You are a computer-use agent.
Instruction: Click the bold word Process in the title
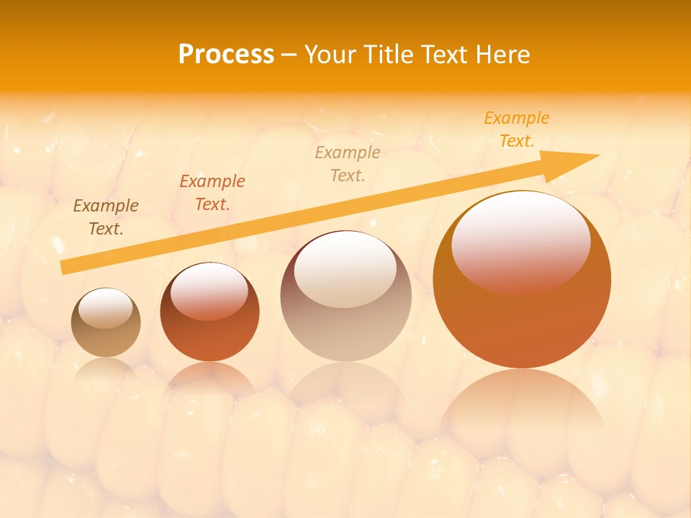[x=226, y=55]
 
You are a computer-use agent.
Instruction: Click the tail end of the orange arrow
[x=66, y=267]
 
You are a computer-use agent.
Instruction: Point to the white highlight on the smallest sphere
[x=106, y=307]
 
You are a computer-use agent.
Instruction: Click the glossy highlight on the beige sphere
[x=345, y=268]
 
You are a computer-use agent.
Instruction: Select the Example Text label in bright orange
[x=517, y=129]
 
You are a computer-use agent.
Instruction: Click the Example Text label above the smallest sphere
[x=106, y=217]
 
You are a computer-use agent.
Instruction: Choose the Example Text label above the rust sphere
[x=212, y=193]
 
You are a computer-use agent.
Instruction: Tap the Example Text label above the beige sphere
[x=348, y=164]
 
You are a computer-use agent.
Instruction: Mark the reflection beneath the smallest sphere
[x=106, y=370]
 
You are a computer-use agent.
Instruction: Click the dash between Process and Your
[x=289, y=55]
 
